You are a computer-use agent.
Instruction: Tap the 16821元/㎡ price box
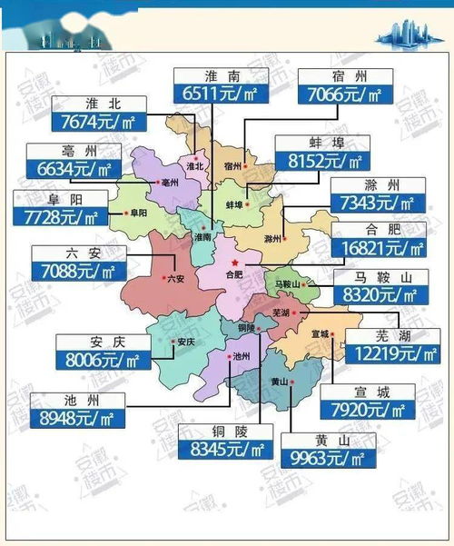click(x=379, y=246)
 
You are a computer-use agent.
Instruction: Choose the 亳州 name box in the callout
click(x=74, y=152)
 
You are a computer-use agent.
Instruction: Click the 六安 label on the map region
click(x=174, y=280)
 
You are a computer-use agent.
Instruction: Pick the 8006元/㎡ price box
click(x=103, y=359)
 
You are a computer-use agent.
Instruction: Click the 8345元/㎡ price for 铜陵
click(x=225, y=449)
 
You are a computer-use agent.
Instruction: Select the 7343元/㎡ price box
click(x=375, y=204)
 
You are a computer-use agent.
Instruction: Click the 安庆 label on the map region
click(x=185, y=342)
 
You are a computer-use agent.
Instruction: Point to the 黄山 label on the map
click(x=279, y=382)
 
